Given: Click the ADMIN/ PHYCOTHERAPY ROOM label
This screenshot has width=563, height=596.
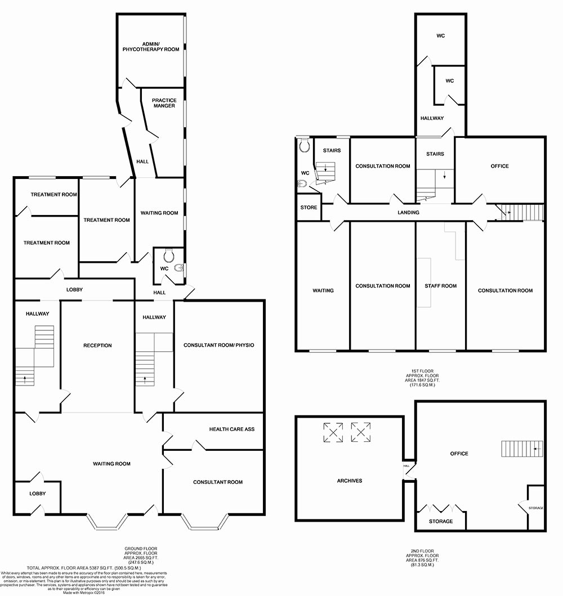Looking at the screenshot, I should pyautogui.click(x=151, y=46).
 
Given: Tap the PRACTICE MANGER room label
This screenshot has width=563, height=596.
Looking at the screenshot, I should pyautogui.click(x=164, y=103).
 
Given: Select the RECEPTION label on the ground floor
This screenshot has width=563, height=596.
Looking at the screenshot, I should pyautogui.click(x=97, y=346).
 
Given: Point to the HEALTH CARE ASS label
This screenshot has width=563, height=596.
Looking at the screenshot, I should pyautogui.click(x=232, y=429).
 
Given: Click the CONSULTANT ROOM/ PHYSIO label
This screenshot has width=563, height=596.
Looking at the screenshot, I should pyautogui.click(x=218, y=345).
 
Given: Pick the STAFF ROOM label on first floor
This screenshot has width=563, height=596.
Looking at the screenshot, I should pyautogui.click(x=440, y=286).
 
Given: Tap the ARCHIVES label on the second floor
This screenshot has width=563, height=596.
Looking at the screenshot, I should pyautogui.click(x=349, y=481).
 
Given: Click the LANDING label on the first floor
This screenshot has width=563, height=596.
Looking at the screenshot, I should pyautogui.click(x=408, y=213).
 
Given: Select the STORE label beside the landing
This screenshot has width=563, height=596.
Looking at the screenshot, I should pyautogui.click(x=309, y=208).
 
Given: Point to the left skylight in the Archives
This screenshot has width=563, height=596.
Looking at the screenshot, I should pyautogui.click(x=333, y=432).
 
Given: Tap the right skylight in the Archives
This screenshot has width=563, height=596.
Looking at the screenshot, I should pyautogui.click(x=361, y=432).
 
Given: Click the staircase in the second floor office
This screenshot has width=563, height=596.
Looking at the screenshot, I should pyautogui.click(x=522, y=449).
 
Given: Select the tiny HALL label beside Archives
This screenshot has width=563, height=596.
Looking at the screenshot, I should pyautogui.click(x=406, y=466).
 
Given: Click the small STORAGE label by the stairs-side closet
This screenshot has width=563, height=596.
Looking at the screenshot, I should pyautogui.click(x=535, y=508).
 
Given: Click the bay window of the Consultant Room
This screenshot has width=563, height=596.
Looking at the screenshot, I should pyautogui.click(x=204, y=522).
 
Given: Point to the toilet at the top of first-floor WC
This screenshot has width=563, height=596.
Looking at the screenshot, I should pyautogui.click(x=305, y=146).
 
